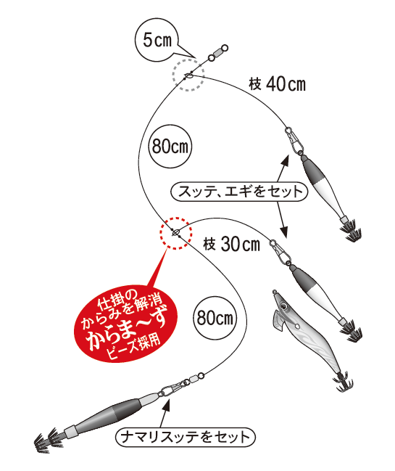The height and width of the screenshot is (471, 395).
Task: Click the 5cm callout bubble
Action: click(156, 41)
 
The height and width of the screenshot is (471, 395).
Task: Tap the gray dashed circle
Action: click(188, 75)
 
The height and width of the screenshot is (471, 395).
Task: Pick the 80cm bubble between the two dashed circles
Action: click(168, 145)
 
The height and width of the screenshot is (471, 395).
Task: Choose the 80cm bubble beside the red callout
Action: click(215, 317)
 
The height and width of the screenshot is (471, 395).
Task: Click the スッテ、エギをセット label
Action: click(240, 192)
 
